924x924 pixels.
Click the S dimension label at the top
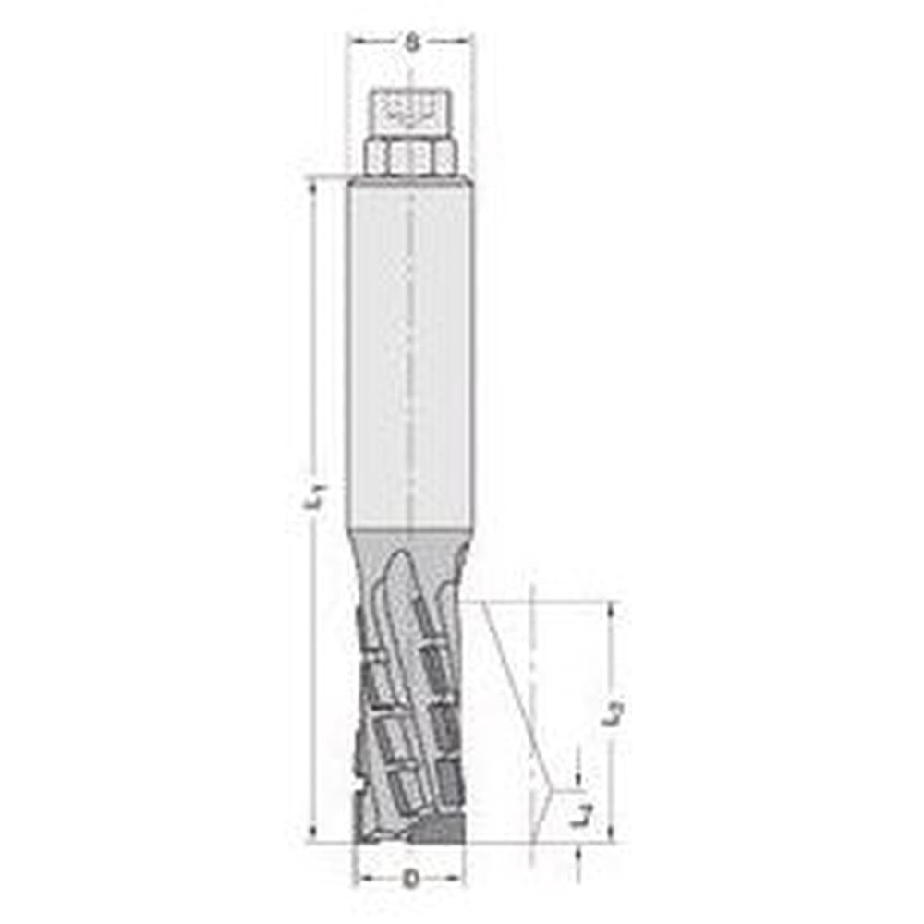pos(411,41)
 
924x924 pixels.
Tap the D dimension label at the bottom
pos(411,878)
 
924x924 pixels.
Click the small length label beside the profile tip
pos(580,815)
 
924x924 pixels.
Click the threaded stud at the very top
pos(409,112)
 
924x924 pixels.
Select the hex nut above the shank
pos(410,156)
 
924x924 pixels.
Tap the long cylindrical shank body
pos(410,351)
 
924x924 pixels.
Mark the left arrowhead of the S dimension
pos(355,41)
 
